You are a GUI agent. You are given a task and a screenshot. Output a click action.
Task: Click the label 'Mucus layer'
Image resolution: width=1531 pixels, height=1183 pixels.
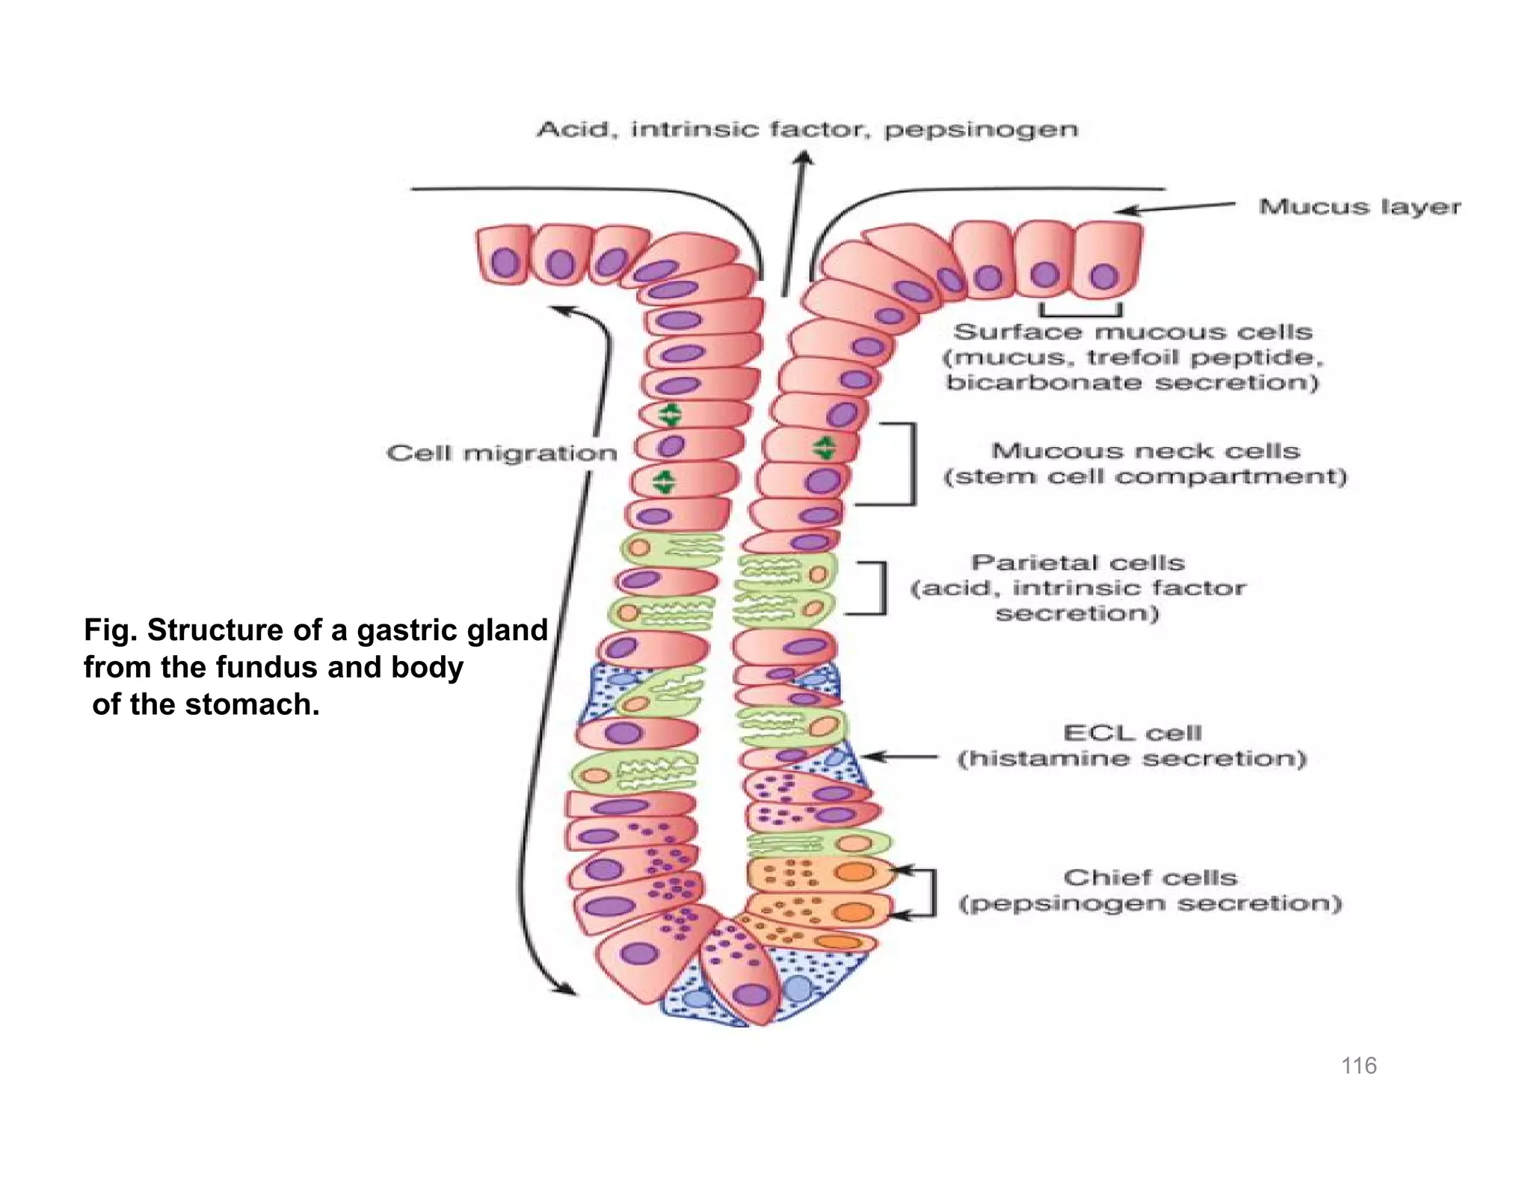pos(1359,206)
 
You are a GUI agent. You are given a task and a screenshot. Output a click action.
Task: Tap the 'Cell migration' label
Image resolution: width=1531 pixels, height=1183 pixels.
pos(502,453)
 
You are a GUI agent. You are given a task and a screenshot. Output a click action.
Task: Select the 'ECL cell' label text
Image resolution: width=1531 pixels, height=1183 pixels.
pos(1132,733)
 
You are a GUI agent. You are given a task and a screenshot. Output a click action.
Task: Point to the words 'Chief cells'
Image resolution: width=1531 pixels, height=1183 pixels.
pos(1150,877)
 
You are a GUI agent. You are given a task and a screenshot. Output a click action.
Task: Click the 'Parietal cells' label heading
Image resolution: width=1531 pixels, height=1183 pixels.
pos(1077,562)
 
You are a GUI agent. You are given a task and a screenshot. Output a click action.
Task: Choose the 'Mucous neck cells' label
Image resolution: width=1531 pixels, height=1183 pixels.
pos(1145,451)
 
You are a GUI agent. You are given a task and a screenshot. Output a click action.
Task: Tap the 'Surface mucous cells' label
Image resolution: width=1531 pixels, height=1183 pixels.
pos(1133,331)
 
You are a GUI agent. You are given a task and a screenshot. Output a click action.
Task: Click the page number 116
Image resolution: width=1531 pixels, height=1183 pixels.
pos(1358,1066)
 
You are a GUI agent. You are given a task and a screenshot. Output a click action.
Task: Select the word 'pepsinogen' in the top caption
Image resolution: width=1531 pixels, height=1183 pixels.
pos(981,129)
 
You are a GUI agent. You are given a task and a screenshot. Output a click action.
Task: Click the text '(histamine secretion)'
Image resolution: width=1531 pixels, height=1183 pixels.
pos(1132,759)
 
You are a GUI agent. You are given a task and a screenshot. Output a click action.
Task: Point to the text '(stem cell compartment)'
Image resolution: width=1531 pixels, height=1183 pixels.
pos(1145,477)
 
